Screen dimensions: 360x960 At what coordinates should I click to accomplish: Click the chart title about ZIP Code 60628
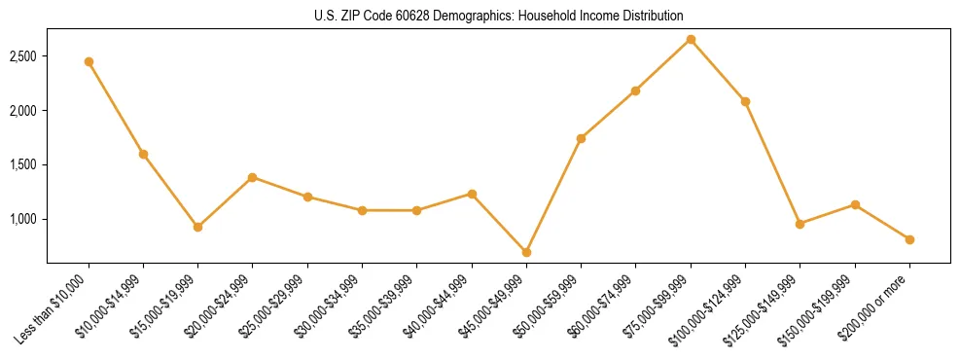[498, 17]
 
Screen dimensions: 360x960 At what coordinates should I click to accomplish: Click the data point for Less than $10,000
[89, 61]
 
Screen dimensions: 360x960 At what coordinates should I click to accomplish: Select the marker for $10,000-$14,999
[143, 154]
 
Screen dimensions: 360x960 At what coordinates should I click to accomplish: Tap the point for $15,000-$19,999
[197, 227]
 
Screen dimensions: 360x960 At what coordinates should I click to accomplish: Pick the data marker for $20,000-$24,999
[252, 177]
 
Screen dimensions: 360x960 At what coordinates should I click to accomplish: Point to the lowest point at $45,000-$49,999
[526, 252]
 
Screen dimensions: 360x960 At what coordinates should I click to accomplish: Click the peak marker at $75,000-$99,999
[691, 39]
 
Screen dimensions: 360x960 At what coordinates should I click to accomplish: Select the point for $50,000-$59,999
[581, 138]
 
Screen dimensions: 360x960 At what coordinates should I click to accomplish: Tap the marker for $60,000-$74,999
[635, 90]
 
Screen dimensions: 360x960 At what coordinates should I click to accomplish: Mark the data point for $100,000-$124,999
[745, 101]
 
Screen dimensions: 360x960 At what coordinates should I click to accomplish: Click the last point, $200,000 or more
[909, 239]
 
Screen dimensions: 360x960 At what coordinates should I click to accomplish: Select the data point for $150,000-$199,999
[855, 204]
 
